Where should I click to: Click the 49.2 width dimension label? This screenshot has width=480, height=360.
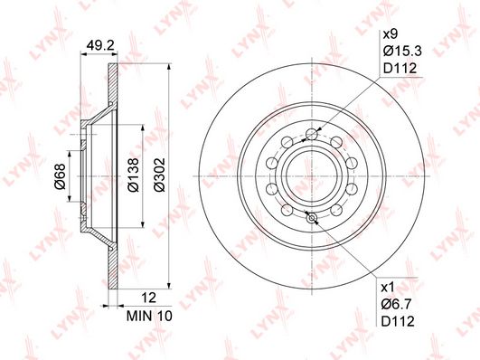coord(100,46)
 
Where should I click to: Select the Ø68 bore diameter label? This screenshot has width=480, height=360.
coord(60,176)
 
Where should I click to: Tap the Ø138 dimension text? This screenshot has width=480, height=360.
coord(134,175)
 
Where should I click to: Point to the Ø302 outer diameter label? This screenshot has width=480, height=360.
coord(159,175)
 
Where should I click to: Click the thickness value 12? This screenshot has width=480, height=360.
coord(149,298)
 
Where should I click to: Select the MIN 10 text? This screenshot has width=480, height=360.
coord(149,316)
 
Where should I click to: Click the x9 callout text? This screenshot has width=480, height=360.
coord(391,34)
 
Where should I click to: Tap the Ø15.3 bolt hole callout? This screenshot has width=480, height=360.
coord(402,51)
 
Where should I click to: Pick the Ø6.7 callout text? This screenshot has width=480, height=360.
coord(397,304)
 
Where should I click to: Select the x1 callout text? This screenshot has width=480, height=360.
coord(388,288)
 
